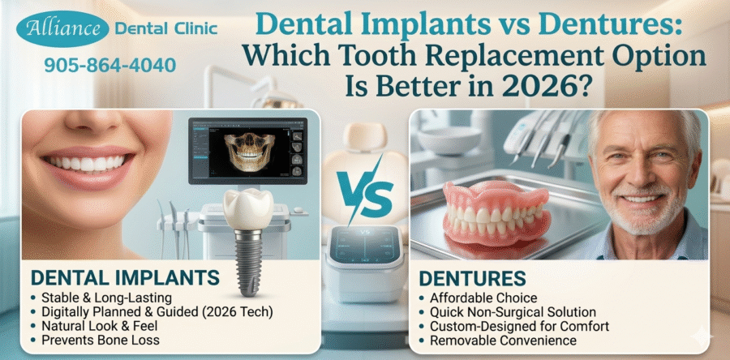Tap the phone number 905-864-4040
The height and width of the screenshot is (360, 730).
(x=109, y=65)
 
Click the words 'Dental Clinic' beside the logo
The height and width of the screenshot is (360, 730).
(x=166, y=29)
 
